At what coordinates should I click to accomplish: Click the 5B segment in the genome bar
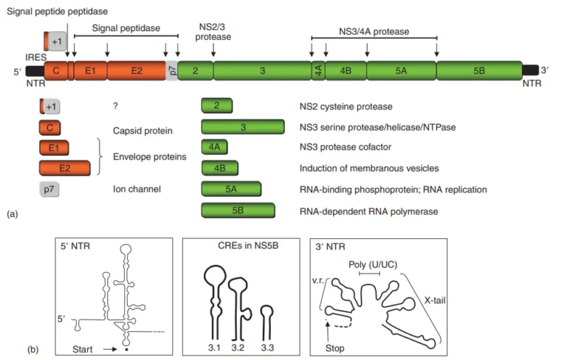tap(478, 71)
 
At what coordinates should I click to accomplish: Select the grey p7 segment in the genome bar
tap(171, 71)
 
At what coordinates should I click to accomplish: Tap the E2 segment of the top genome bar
tap(137, 71)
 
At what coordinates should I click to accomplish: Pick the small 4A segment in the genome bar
tap(317, 71)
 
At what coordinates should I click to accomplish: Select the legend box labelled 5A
tap(231, 190)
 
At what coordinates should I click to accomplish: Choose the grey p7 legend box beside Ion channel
tap(49, 190)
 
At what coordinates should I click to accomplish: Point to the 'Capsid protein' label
tap(141, 131)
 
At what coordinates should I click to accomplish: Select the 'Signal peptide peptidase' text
tap(57, 12)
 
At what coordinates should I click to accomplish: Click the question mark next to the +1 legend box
tap(116, 106)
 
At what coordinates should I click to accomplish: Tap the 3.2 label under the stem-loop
tap(238, 347)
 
